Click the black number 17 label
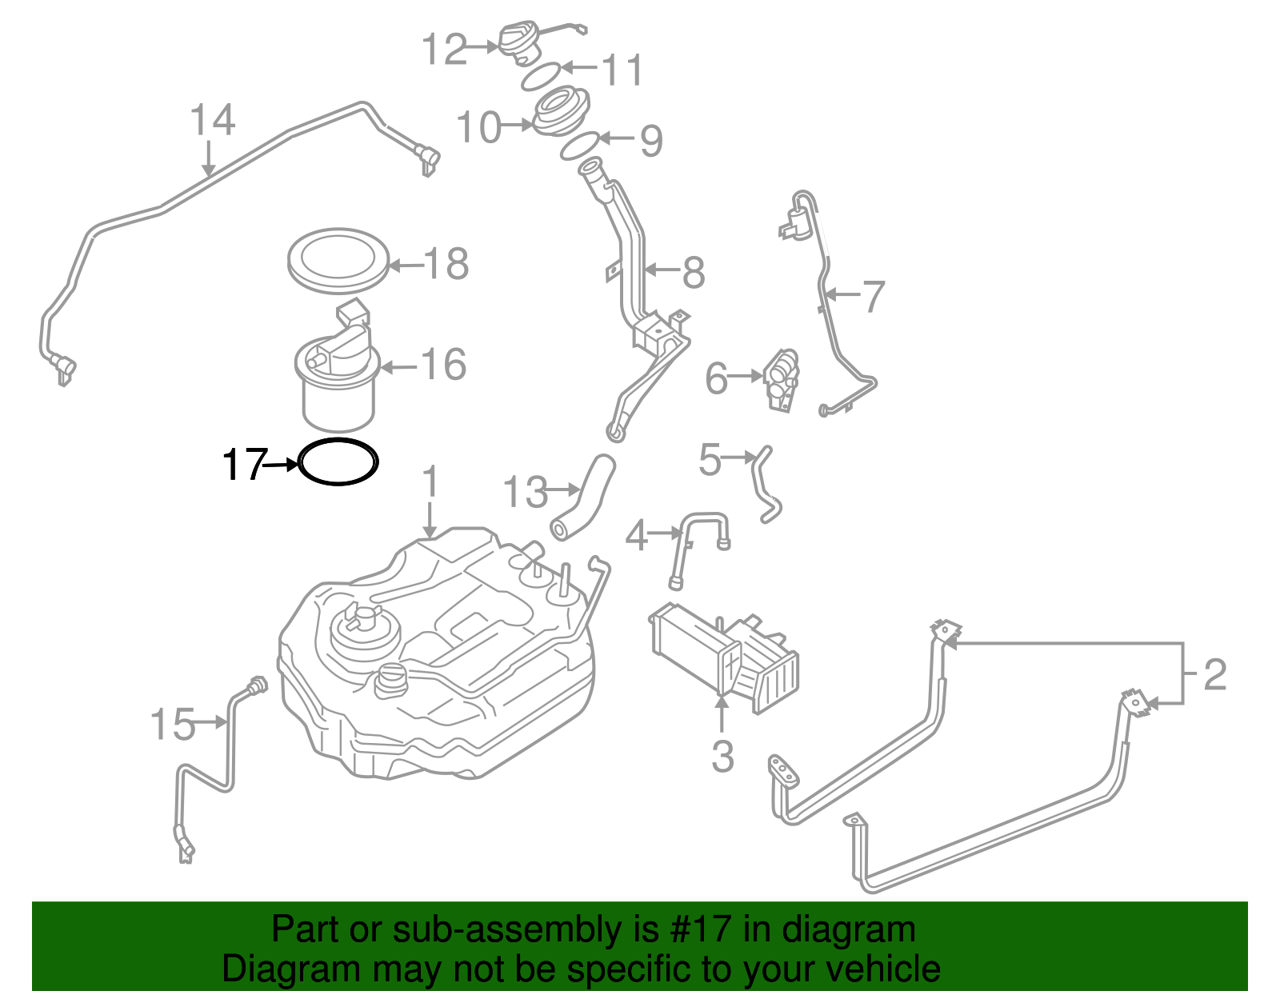243,464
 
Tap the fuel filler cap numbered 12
521,41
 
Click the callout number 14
212,121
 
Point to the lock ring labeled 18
338,258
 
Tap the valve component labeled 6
781,380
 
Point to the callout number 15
173,724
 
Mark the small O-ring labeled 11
540,77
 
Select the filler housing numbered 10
560,112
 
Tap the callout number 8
693,273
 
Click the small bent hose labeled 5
764,484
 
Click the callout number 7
873,297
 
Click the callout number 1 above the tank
430,482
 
